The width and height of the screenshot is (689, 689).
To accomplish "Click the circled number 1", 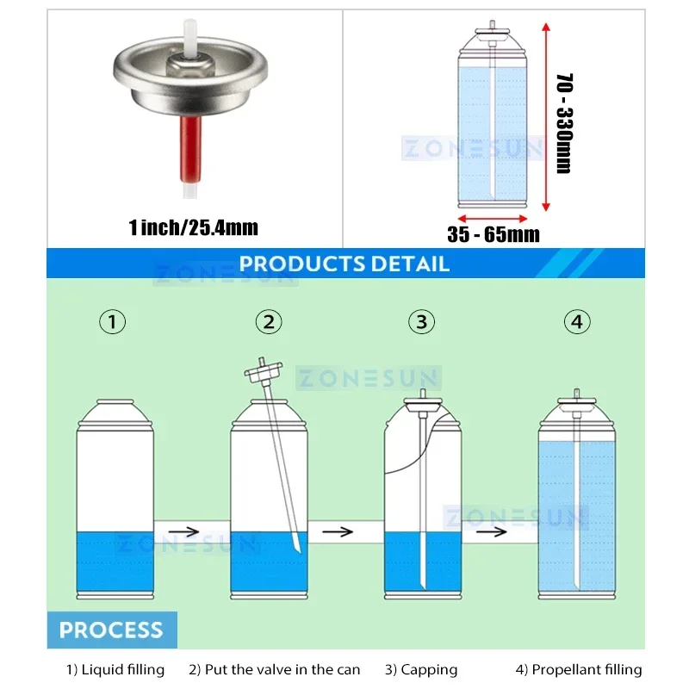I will [113, 322].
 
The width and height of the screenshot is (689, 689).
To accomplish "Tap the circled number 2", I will [269, 322].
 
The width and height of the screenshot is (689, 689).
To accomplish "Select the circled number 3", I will [421, 322].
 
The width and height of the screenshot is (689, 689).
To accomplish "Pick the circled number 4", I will [577, 322].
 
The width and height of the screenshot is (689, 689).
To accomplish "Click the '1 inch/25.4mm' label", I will [193, 227].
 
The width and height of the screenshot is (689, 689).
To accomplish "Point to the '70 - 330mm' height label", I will [564, 123].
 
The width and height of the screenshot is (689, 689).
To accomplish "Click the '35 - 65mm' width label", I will [493, 233].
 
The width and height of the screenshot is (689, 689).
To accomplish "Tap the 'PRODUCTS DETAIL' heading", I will [344, 264].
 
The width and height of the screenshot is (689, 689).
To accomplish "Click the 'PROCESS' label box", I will [111, 630].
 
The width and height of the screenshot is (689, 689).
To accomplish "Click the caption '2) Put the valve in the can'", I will [275, 669].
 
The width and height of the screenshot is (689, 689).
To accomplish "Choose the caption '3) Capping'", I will [421, 669].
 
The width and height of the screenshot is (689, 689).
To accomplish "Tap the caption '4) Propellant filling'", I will [579, 669].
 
